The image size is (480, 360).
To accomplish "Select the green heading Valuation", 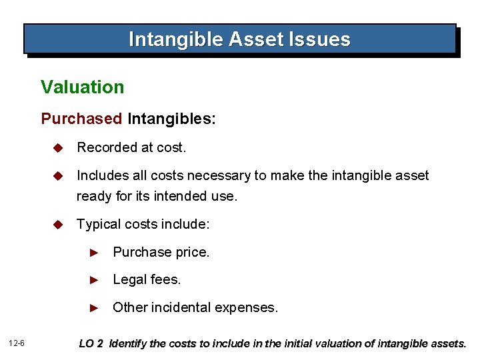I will pyautogui.click(x=82, y=87).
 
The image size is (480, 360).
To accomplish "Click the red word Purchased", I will pyautogui.click(x=82, y=119).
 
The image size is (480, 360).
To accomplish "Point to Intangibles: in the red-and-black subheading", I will pyautogui.click(x=171, y=119).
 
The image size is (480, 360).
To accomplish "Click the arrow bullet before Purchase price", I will pyautogui.click(x=95, y=253).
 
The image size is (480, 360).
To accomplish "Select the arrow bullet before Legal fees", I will pyautogui.click(x=95, y=280).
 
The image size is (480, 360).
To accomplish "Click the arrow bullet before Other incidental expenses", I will pyautogui.click(x=95, y=308).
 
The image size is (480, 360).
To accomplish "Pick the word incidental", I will pyautogui.click(x=179, y=307).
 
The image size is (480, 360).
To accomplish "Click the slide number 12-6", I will pyautogui.click(x=17, y=344).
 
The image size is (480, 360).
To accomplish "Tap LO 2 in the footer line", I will pyautogui.click(x=91, y=344).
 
